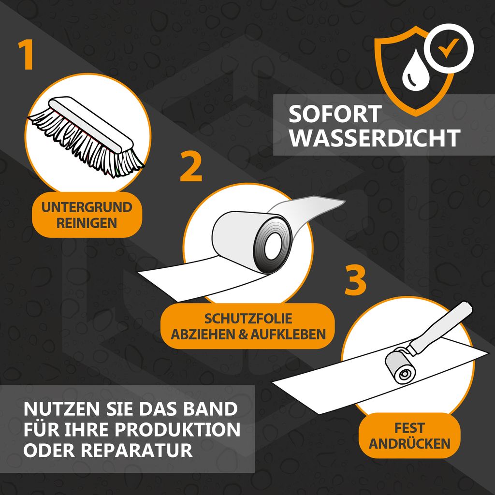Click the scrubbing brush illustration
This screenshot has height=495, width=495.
pyautogui.click(x=87, y=135)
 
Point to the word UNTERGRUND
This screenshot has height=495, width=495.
pyautogui.click(x=87, y=208)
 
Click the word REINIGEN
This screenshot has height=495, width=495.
pyautogui.click(x=87, y=223)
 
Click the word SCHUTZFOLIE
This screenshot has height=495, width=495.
pyautogui.click(x=247, y=319)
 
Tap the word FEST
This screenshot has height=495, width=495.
pyautogui.click(x=409, y=428)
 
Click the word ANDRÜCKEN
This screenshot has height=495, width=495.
pyautogui.click(x=409, y=443)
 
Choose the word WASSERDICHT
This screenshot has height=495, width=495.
pyautogui.click(x=374, y=138)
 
